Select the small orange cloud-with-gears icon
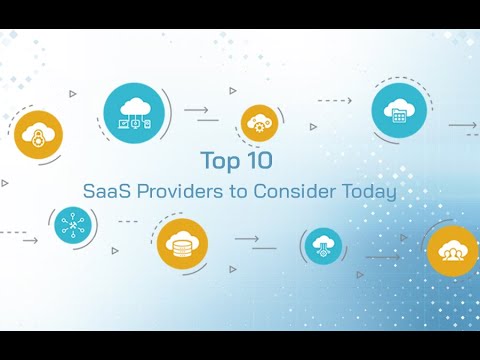[x=258, y=124]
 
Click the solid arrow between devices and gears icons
[x=198, y=110]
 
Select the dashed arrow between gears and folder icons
[x=335, y=101]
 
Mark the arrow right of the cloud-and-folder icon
[x=461, y=126]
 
